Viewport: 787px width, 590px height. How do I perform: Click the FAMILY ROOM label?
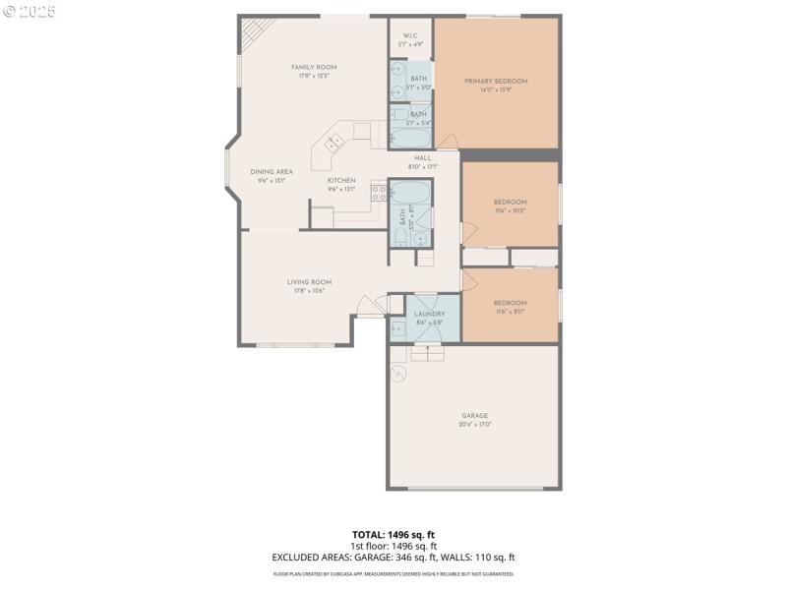click(308, 67)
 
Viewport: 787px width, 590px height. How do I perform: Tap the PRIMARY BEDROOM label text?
click(496, 81)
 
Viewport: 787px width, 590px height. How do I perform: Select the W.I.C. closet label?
click(410, 34)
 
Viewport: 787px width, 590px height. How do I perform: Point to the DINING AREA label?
click(271, 171)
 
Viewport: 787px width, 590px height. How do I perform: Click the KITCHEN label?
click(341, 180)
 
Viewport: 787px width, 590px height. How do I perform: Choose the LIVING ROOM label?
click(309, 282)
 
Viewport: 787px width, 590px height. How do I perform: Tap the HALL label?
click(423, 157)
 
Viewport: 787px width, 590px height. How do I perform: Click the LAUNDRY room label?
click(429, 314)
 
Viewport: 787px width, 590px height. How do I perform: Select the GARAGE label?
click(475, 415)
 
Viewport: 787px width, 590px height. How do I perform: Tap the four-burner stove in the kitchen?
click(377, 192)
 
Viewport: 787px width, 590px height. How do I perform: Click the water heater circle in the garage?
click(398, 373)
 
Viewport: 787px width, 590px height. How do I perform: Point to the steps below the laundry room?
click(427, 351)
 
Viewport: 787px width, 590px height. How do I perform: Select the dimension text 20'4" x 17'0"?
click(475, 424)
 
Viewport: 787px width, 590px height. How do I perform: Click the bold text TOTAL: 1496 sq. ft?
click(393, 534)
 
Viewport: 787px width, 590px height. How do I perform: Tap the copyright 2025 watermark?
click(30, 12)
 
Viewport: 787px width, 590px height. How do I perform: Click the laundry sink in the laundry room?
click(397, 328)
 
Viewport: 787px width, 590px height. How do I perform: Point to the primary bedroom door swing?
click(447, 138)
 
